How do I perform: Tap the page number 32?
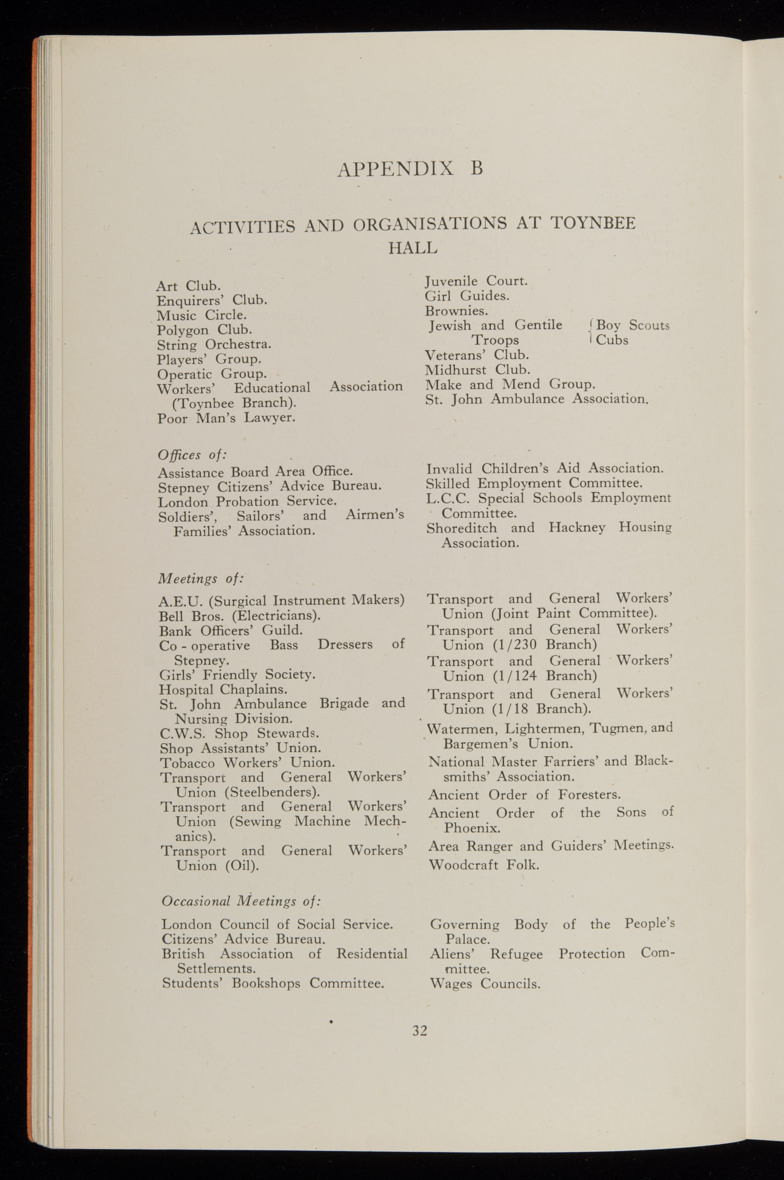[x=420, y=1030]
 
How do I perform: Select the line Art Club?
[x=188, y=286]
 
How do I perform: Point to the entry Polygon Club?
[x=204, y=330]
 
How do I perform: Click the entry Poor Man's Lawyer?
[x=226, y=418]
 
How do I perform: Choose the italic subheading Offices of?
[x=192, y=455]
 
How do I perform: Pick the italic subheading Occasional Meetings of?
[x=241, y=901]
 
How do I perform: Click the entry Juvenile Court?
[x=476, y=282]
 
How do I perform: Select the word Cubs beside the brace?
[x=612, y=340]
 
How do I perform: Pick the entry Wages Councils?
[x=485, y=984]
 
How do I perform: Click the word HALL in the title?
[x=413, y=247]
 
